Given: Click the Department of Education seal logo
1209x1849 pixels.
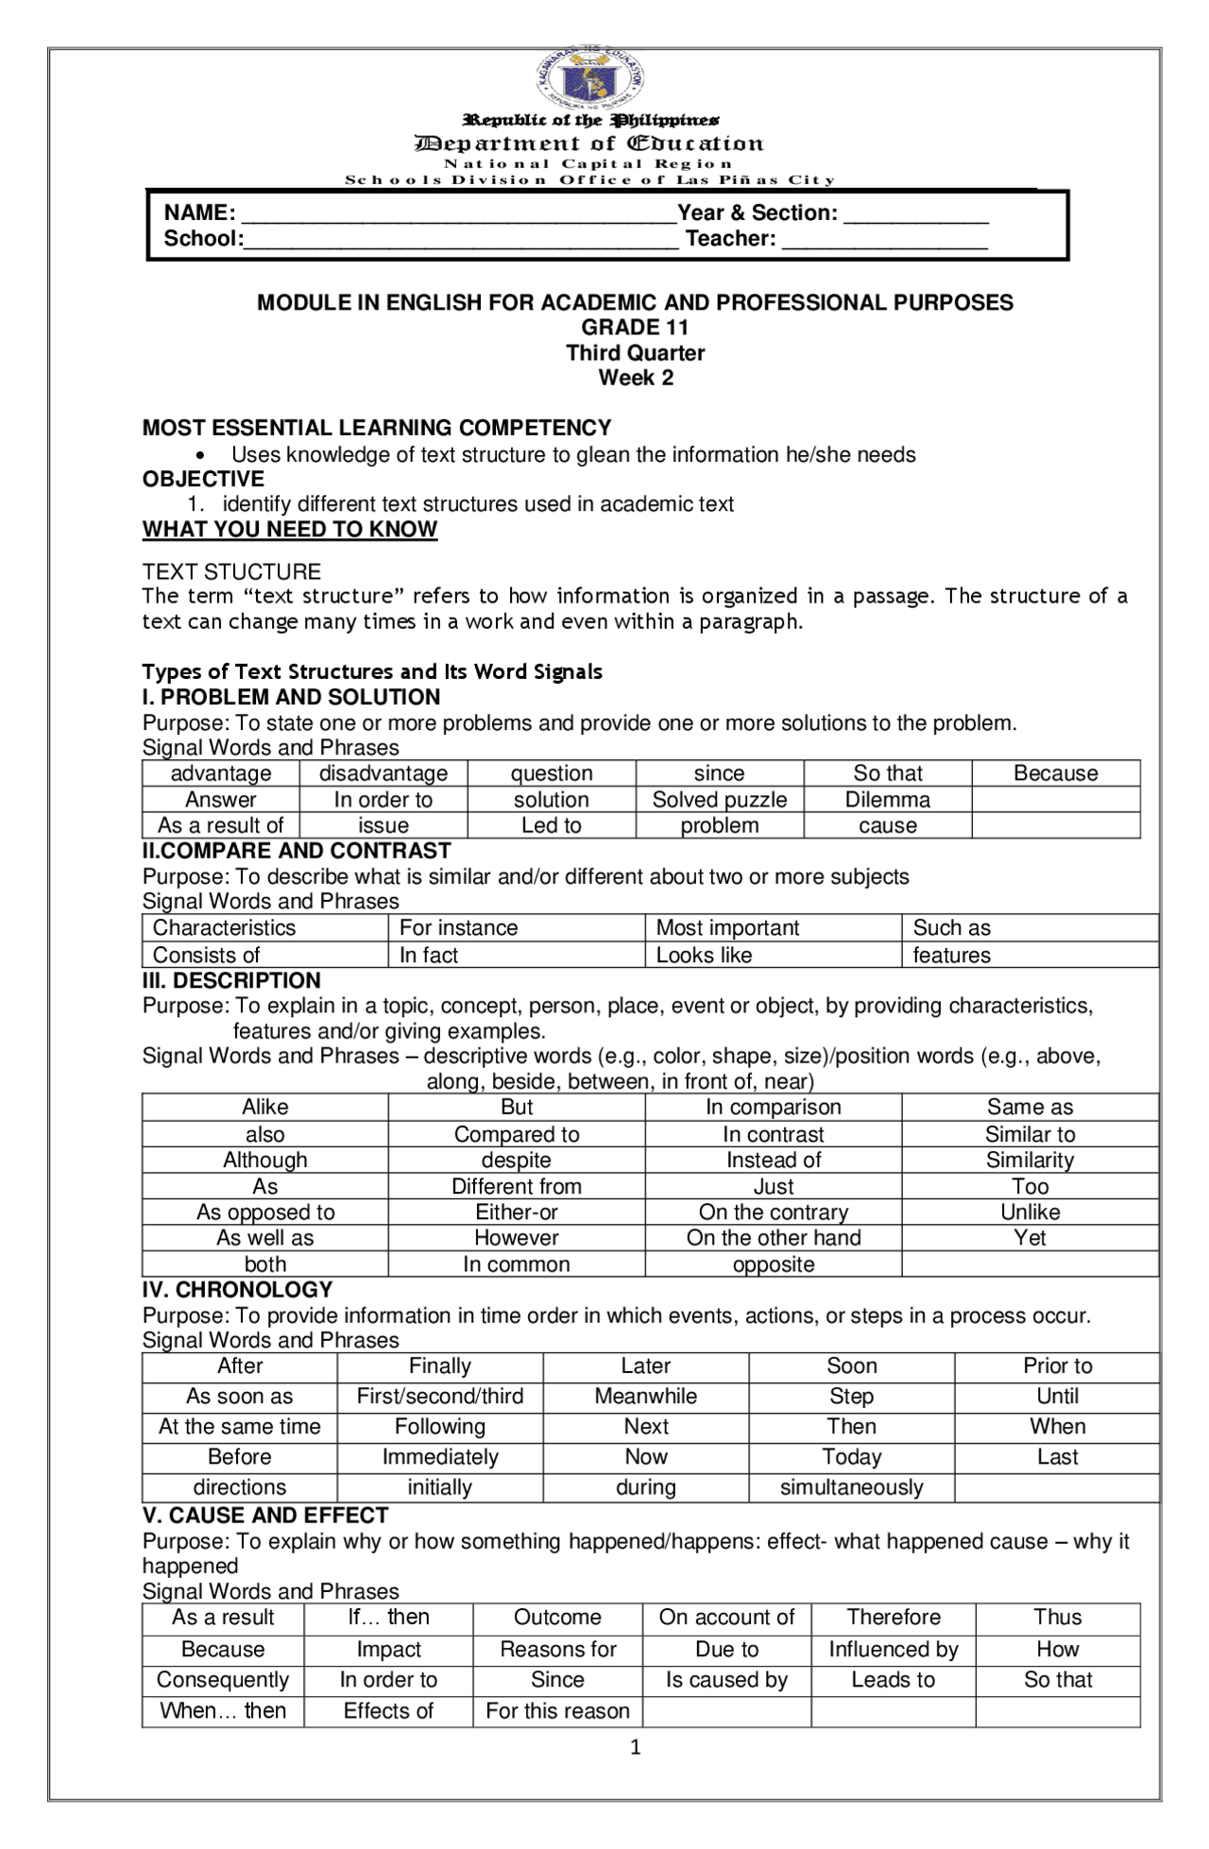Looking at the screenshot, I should pos(590,76).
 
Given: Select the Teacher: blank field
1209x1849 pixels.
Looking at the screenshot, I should pos(884,240).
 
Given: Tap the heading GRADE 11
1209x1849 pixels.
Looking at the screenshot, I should pos(635,328).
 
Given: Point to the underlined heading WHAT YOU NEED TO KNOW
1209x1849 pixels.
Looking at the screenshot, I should pos(290,530).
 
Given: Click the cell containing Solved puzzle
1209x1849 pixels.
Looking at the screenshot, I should pos(719,800).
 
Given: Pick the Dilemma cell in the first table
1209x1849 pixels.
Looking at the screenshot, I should pos(887,800).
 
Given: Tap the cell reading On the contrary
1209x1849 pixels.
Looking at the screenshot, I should pos(773,1212).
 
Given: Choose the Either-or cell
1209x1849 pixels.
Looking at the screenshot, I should pos(516,1212).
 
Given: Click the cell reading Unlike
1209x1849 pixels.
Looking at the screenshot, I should pos(1030,1212).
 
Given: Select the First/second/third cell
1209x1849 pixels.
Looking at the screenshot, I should pos(439,1396).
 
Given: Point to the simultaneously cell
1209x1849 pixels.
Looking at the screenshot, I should pos(851,1487).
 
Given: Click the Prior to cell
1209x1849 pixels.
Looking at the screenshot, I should pos(1057,1366).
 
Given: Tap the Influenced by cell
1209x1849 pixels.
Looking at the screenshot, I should pos(893,1649).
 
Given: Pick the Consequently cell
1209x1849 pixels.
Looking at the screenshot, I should pos(223,1680).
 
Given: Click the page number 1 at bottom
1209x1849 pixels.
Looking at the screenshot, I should pos(635,1747).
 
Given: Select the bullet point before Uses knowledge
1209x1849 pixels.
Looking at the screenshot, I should pos(200,456).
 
